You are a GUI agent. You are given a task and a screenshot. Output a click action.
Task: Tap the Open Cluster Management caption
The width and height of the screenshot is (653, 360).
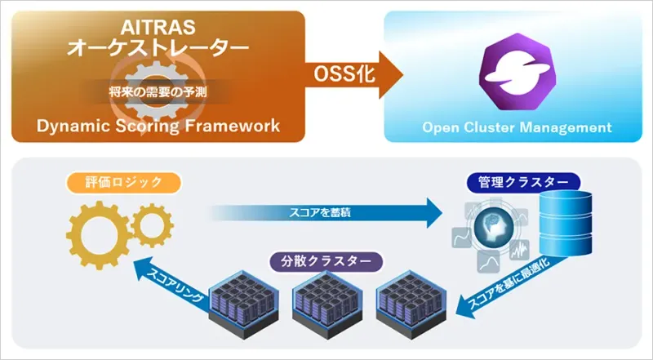pyautogui.click(x=516, y=127)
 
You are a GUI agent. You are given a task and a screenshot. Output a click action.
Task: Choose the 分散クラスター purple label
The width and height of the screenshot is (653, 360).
pyautogui.click(x=326, y=263)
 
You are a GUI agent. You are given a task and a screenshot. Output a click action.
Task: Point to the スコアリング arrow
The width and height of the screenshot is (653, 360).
pyautogui.click(x=171, y=283)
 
